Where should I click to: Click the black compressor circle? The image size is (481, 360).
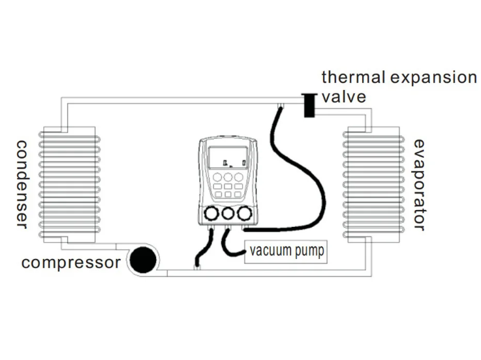pyautogui.click(x=143, y=261)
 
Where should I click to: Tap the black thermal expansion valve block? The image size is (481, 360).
pyautogui.click(x=308, y=106)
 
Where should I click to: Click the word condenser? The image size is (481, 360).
pyautogui.click(x=20, y=183)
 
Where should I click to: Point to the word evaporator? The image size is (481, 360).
pyautogui.click(x=420, y=185)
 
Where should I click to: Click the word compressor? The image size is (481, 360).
pyautogui.click(x=70, y=263)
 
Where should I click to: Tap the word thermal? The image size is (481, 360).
pyautogui.click(x=352, y=78)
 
